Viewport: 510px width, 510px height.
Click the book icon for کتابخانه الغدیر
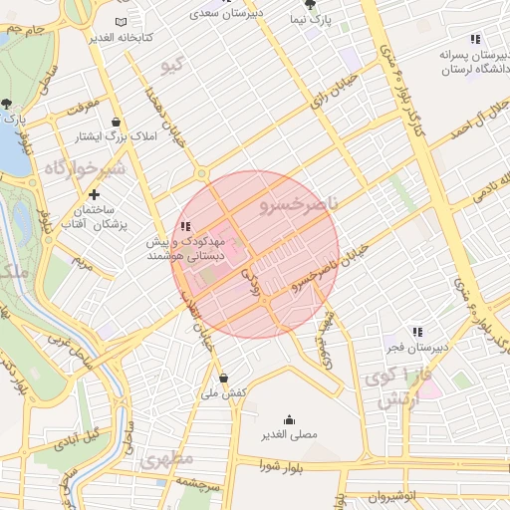(122, 22)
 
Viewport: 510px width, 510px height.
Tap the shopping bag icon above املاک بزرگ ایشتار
(118, 121)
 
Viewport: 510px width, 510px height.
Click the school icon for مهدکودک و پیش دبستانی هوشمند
(185, 227)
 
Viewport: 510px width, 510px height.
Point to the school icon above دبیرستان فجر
(417, 332)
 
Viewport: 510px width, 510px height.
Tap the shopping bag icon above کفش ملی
(223, 378)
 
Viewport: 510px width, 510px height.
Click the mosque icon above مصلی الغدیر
(290, 419)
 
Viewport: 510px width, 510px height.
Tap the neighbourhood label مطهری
(166, 460)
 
